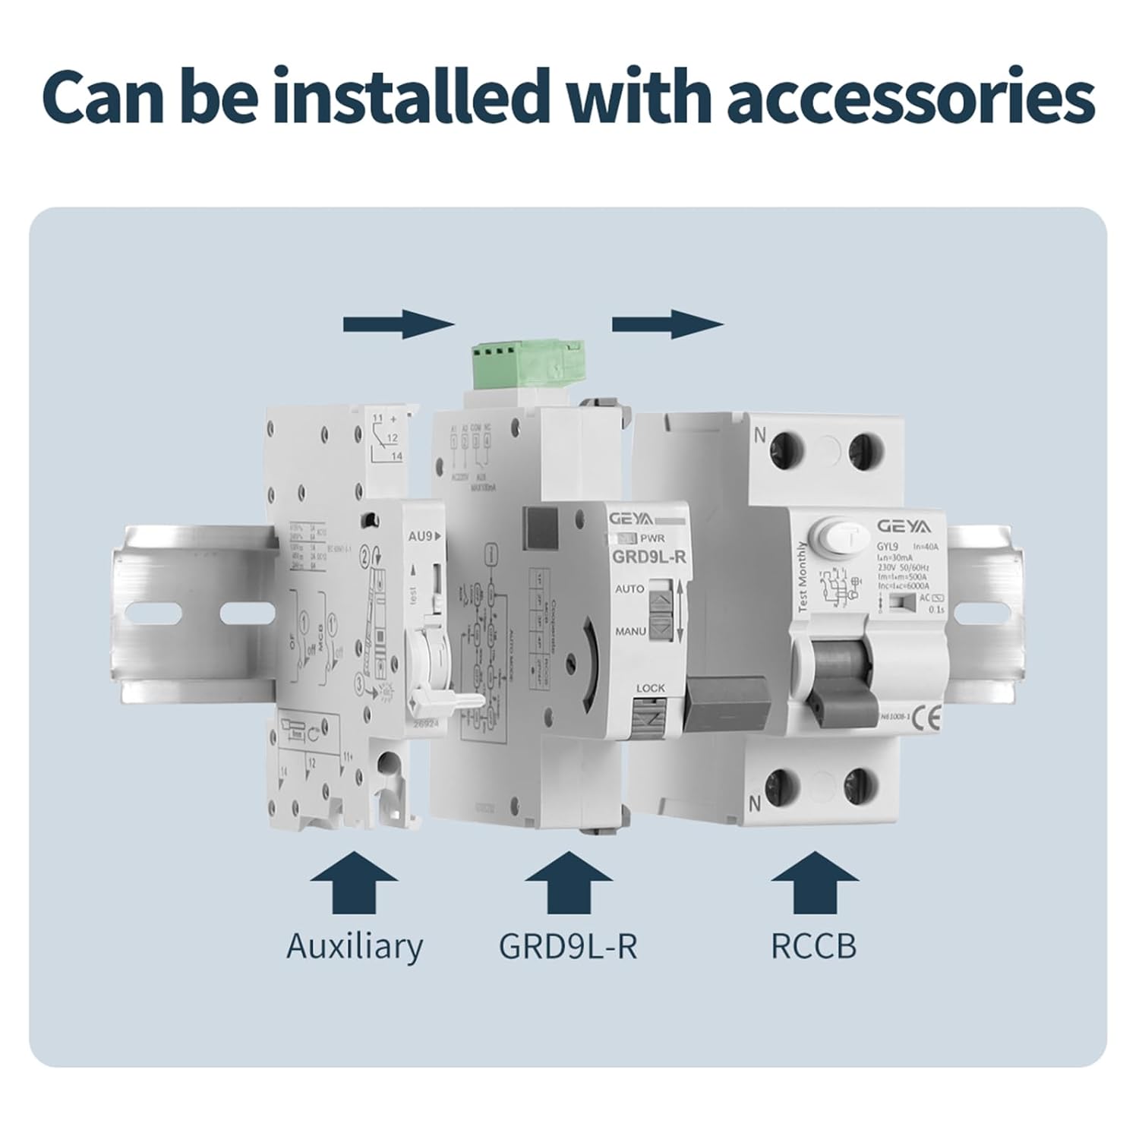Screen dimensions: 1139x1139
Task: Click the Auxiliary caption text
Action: [x=354, y=946]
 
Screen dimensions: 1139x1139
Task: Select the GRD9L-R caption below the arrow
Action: [x=568, y=946]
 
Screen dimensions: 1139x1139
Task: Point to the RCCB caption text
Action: [x=813, y=946]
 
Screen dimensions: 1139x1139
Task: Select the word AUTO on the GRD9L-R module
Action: [x=629, y=588]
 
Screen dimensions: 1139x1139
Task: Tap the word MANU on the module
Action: [x=630, y=631]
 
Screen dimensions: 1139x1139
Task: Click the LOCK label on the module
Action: [x=651, y=688]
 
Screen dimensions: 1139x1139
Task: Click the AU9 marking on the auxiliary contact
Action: [x=419, y=535]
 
